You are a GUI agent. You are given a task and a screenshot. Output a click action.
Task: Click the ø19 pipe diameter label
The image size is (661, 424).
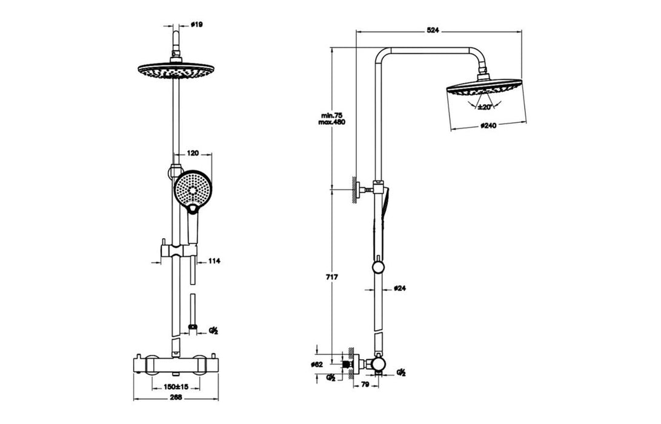pyautogui.click(x=196, y=25)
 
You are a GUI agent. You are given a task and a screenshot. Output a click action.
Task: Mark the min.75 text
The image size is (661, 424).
pyautogui.click(x=332, y=115)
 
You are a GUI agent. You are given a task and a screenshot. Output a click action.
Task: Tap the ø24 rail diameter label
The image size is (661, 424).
pyautogui.click(x=399, y=289)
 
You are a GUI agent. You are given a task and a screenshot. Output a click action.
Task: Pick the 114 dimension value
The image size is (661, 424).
pyautogui.click(x=213, y=261)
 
